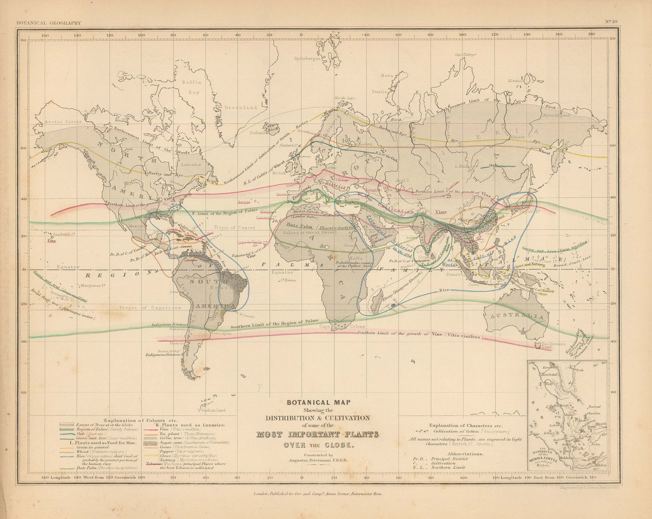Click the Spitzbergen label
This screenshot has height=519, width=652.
click(307, 59)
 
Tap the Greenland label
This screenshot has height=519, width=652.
click(240, 108)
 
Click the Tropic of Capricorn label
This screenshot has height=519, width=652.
click(150, 307)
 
